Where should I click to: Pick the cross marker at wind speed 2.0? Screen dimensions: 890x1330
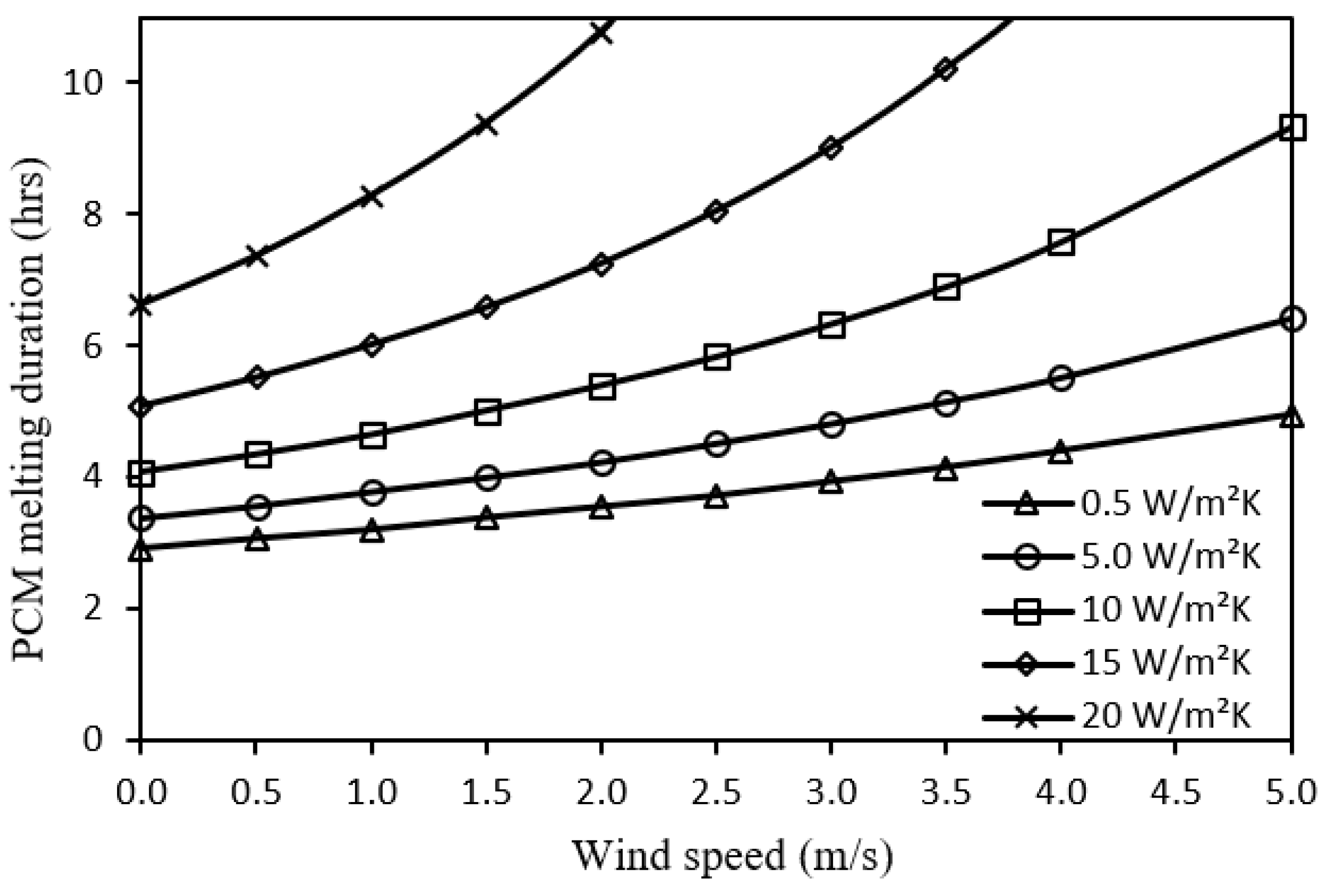click(x=601, y=32)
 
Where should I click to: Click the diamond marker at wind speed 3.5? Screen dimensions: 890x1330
click(x=946, y=70)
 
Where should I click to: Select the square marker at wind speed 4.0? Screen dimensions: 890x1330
click(x=1061, y=243)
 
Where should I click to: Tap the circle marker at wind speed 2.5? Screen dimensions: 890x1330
click(x=716, y=444)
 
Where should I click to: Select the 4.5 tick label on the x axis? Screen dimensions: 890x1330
click(x=1175, y=792)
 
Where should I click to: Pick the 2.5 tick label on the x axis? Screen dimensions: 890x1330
click(x=716, y=792)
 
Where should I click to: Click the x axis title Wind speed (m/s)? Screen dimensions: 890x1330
click(x=732, y=855)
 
